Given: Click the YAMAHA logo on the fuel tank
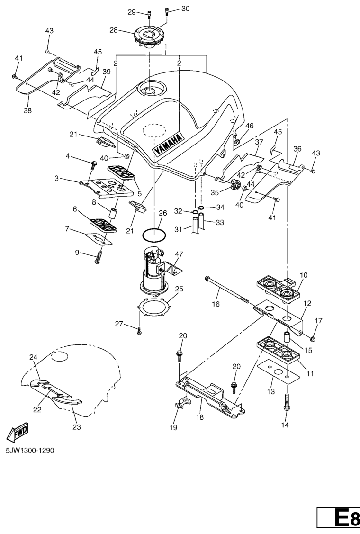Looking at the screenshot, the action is coord(168,145).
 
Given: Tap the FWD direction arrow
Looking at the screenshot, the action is coord(17,432).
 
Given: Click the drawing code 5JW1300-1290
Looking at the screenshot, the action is coord(30,451).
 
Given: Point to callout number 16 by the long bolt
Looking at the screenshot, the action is coord(216,304).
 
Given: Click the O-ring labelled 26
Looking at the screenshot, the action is coord(154,235).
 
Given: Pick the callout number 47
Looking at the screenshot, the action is coord(179,254).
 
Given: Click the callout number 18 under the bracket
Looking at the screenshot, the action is coord(200,417).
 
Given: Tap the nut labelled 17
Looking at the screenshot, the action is coord(313,338).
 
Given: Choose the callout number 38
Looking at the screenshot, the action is coord(27,110).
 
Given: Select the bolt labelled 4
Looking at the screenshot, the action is coord(93,166).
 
